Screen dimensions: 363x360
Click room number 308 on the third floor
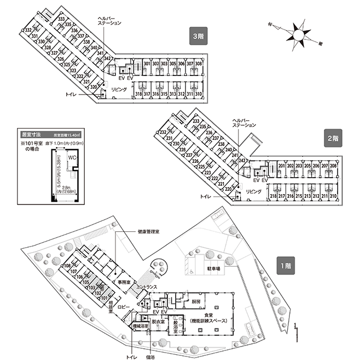(x=199, y=64)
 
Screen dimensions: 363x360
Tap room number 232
(x=162, y=132)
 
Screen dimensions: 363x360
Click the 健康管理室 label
(x=148, y=232)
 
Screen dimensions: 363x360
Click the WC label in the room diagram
(x=72, y=157)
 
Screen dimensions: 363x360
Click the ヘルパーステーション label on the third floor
(x=109, y=21)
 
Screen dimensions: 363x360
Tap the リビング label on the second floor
(x=253, y=191)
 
